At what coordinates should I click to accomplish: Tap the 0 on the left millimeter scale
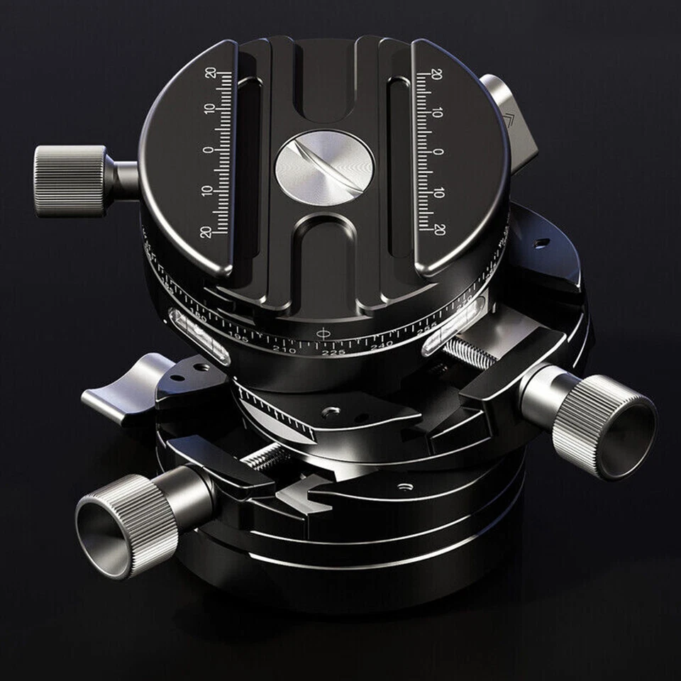209,150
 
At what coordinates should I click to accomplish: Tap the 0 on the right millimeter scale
438,152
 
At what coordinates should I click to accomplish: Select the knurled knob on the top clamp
70,180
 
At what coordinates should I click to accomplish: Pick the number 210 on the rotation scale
284,348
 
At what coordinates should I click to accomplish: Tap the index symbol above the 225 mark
323,332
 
